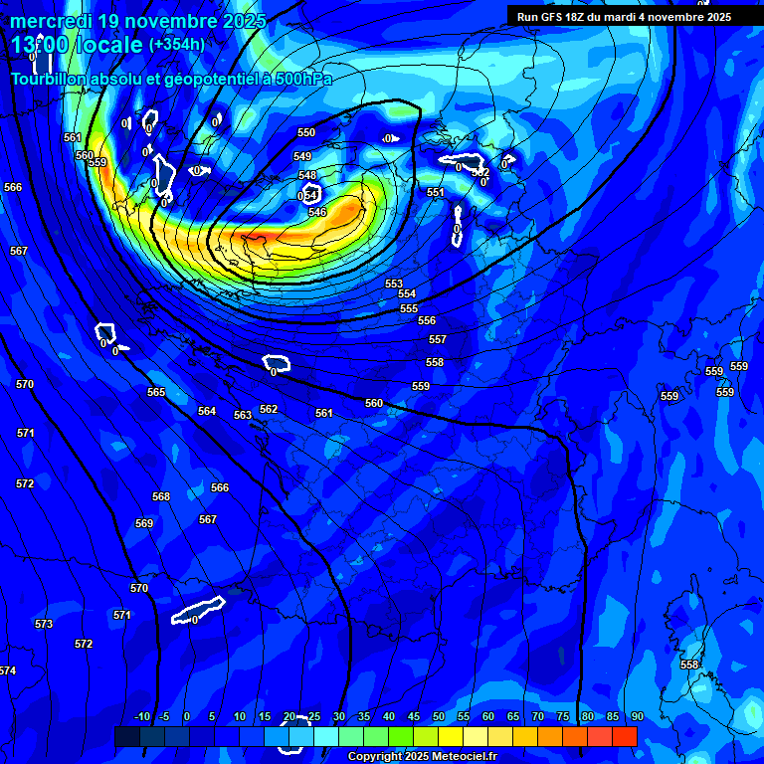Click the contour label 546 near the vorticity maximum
tap(317, 212)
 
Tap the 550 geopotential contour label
tap(306, 132)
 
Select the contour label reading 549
tap(302, 156)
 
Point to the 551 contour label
tap(436, 192)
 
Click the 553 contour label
tap(394, 284)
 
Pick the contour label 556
tap(427, 320)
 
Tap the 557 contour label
tap(438, 339)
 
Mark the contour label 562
tap(269, 409)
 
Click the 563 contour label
tap(243, 415)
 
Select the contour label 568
tap(161, 496)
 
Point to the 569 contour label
tap(144, 523)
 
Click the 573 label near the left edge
tap(44, 624)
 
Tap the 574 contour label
tap(8, 670)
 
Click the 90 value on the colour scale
tap(637, 716)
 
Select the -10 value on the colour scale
tap(142, 716)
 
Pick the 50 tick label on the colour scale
tap(439, 716)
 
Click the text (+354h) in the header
tap(177, 44)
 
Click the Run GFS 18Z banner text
tap(624, 17)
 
